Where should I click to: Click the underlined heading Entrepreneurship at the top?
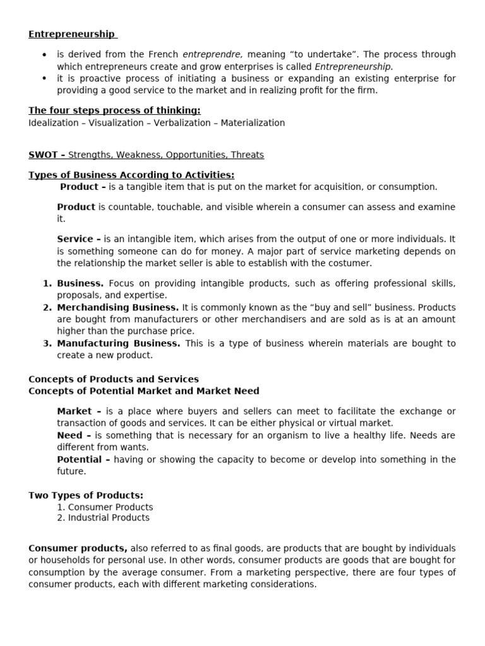pyautogui.click(x=71, y=34)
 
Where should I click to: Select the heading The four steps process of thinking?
pyautogui.click(x=114, y=111)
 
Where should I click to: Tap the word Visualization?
pyautogui.click(x=116, y=123)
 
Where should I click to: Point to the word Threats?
pyautogui.click(x=248, y=155)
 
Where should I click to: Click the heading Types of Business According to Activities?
pyautogui.click(x=131, y=175)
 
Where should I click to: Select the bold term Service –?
pyautogui.click(x=79, y=239)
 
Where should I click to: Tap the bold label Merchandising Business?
pyautogui.click(x=118, y=307)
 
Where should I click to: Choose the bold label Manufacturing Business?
pyautogui.click(x=118, y=343)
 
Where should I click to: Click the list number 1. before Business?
pyautogui.click(x=47, y=283)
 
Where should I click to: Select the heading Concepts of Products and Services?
pyautogui.click(x=114, y=379)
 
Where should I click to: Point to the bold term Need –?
pyautogui.click(x=74, y=435)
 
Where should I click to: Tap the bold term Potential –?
pyautogui.click(x=83, y=459)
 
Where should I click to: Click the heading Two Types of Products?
pyautogui.click(x=86, y=495)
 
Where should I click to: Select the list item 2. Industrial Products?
pyautogui.click(x=104, y=518)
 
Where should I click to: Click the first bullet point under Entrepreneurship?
pyautogui.click(x=44, y=55)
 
